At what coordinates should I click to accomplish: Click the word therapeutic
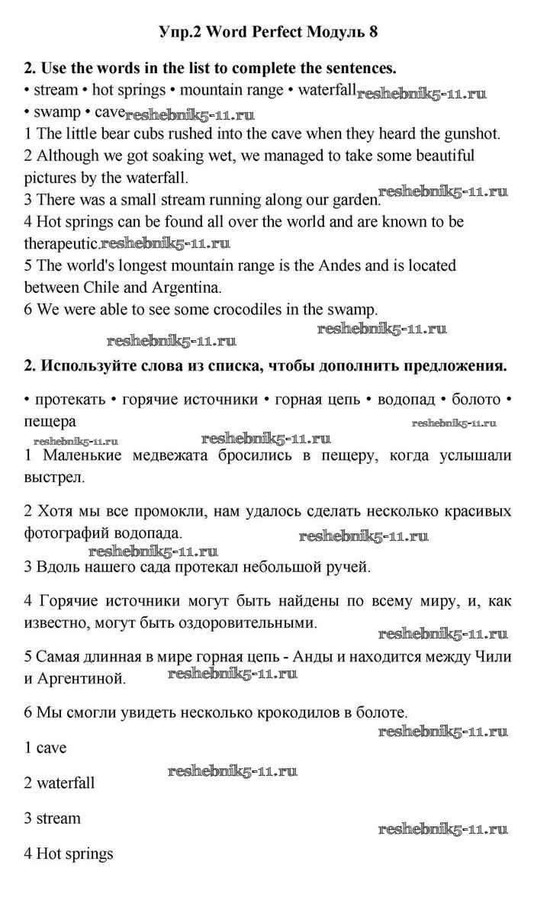(62, 244)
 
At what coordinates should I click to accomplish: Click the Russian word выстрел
(54, 478)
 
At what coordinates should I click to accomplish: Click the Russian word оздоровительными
(246, 622)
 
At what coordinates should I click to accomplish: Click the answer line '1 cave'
(45, 748)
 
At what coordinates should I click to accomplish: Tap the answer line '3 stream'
(52, 819)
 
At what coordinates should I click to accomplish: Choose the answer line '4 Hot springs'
(68, 854)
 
